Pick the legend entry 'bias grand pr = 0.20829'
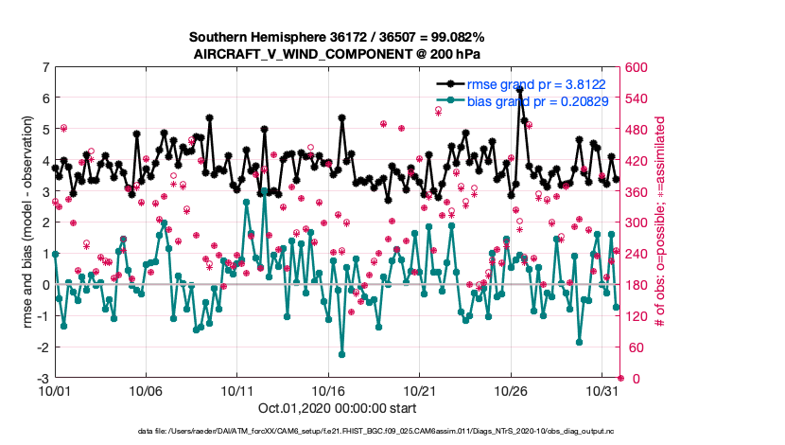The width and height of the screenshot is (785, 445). [x=534, y=100]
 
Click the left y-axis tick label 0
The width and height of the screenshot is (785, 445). [x=45, y=285]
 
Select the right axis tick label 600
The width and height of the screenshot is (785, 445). [x=632, y=67]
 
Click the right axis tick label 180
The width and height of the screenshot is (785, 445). [x=632, y=285]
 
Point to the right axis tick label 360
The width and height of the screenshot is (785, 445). [x=632, y=192]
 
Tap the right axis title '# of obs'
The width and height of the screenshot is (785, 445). [x=659, y=222]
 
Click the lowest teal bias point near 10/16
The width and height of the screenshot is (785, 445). [x=341, y=355]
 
